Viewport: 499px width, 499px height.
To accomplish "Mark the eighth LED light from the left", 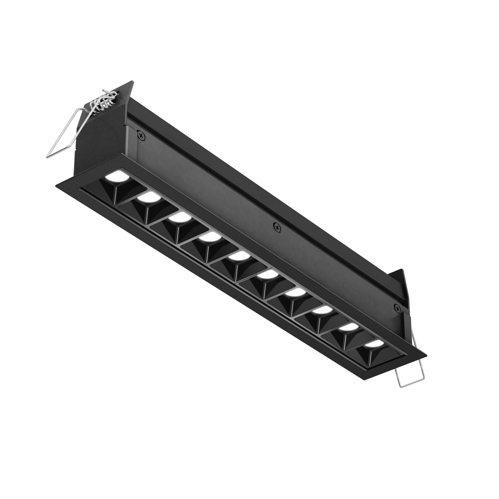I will [x=322, y=310].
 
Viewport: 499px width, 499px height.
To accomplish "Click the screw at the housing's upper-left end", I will [x=140, y=134].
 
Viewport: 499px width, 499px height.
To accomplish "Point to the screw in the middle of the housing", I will [x=278, y=228].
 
